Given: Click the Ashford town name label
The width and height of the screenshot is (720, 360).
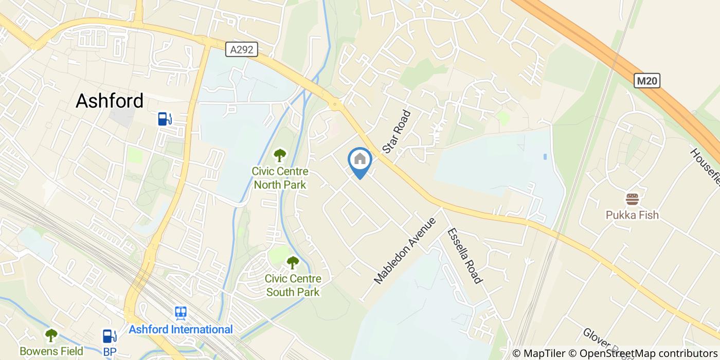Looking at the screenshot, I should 110,101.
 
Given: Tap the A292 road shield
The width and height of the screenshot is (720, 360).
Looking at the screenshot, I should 241,49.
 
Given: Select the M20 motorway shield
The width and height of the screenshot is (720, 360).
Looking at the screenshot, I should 647,81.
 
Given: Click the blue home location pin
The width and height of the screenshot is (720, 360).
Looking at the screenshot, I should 360,160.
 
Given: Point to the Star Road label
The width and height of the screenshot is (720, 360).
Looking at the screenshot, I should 398,132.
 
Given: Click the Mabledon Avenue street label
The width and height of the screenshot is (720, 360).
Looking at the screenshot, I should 405,251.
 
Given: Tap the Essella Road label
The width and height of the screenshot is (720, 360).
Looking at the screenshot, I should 464,256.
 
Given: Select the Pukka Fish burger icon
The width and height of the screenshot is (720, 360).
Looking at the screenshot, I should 632,200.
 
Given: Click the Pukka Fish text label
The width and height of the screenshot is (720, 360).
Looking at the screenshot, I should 632,215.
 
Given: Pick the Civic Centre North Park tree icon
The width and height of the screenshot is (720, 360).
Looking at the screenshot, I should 280,155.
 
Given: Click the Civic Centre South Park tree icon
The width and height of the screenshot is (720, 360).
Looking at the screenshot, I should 293,262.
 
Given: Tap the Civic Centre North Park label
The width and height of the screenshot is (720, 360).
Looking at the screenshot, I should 280,178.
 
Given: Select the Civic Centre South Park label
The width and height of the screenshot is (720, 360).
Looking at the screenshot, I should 293,285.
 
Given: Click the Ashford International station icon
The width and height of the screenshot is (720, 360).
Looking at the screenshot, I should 181,313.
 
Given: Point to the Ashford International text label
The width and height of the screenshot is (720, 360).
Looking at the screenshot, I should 181,329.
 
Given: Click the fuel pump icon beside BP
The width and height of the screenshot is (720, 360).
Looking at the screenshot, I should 109,335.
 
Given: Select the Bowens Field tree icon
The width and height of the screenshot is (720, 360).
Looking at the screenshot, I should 51,335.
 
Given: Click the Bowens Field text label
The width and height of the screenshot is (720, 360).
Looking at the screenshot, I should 51,352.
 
